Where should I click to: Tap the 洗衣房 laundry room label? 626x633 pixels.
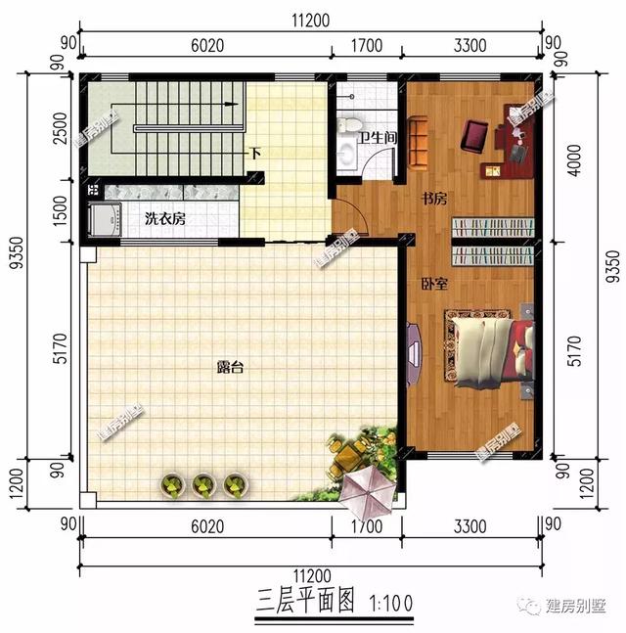pos(165,218)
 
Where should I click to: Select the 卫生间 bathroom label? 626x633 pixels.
pos(378,139)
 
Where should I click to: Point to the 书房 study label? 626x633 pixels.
pos(434,199)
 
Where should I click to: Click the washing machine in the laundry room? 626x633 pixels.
pos(104,220)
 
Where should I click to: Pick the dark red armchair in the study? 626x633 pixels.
pos(477,135)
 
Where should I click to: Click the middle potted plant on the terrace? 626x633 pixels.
pos(203,482)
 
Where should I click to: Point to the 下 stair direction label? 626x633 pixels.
pos(254,154)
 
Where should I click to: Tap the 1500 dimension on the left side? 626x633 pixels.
pos(62,209)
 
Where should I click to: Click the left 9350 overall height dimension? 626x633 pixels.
pos(19,291)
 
